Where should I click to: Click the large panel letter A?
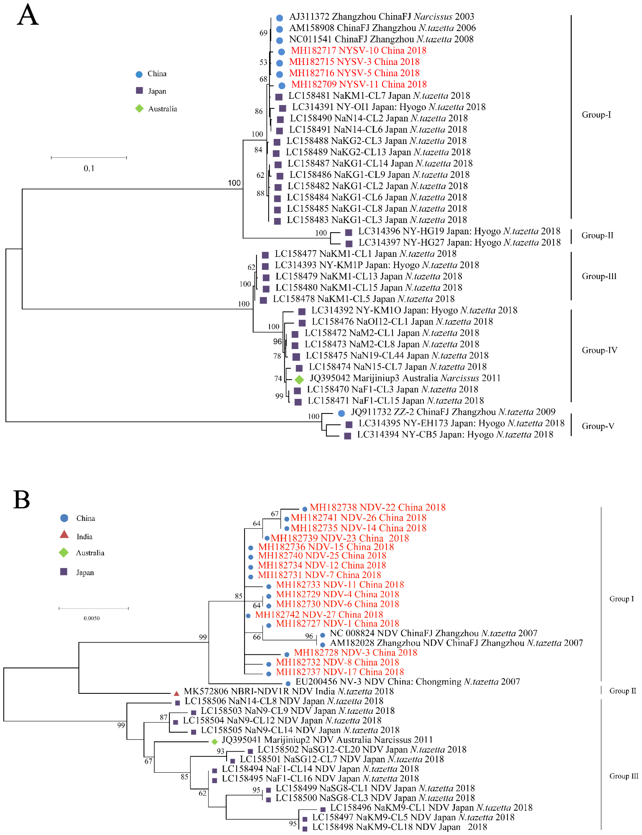pyautogui.click(x=28, y=15)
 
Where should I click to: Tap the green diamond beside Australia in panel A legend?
pyautogui.click(x=140, y=109)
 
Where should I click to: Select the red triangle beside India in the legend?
pyautogui.click(x=64, y=535)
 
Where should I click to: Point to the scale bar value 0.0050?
pyautogui.click(x=92, y=618)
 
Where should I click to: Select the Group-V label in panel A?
pyautogui.click(x=598, y=426)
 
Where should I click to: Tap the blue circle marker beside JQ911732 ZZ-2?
pyautogui.click(x=342, y=413)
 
